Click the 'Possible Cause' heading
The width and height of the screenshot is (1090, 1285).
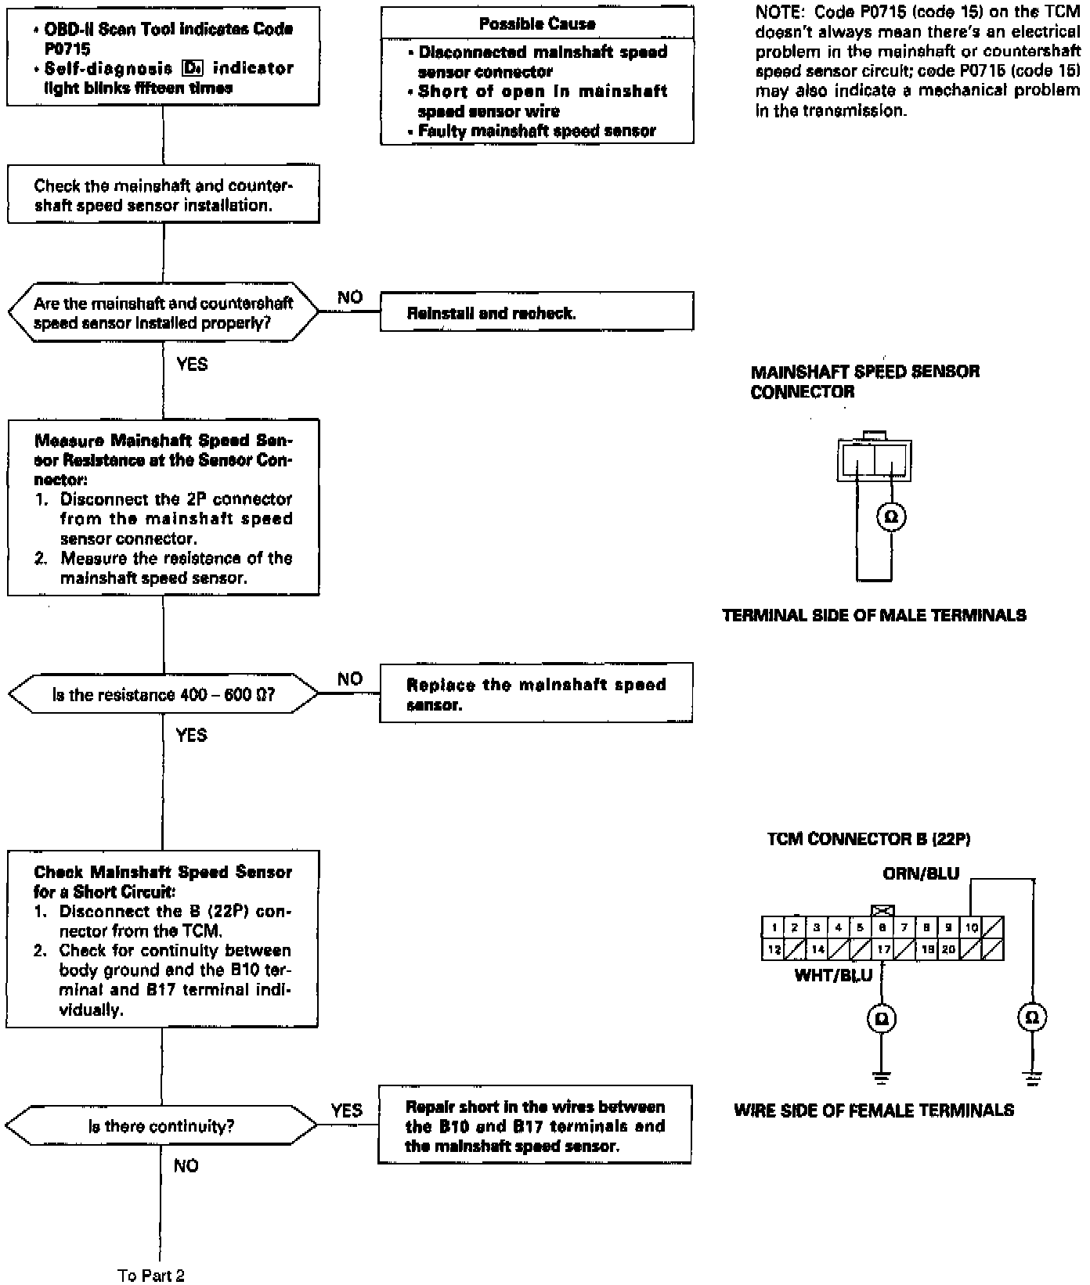click(537, 23)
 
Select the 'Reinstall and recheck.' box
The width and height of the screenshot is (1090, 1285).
click(536, 311)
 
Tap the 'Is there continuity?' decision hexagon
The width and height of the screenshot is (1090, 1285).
click(161, 1126)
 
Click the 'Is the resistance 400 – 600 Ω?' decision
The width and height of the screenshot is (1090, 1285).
click(164, 694)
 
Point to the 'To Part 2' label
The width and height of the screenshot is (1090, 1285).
click(151, 1276)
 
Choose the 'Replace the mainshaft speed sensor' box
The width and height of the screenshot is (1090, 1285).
click(536, 693)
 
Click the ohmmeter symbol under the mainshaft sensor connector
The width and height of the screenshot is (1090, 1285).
click(890, 517)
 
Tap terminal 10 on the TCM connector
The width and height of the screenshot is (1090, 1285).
click(971, 927)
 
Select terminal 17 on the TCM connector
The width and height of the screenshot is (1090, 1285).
click(882, 949)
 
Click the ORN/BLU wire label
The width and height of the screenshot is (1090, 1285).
click(921, 873)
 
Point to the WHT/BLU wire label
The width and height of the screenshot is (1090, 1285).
click(833, 975)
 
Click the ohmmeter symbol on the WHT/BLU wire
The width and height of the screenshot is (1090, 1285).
click(882, 1018)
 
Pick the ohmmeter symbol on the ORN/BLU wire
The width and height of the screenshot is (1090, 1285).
click(1032, 1017)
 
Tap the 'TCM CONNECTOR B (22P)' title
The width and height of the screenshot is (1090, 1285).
click(868, 839)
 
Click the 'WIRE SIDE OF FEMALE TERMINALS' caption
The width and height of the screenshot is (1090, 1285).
click(874, 1110)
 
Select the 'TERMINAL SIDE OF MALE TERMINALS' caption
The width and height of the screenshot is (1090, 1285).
click(874, 615)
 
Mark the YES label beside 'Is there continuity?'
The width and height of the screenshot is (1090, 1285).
click(347, 1110)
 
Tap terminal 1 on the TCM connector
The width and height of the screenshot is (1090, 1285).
click(773, 927)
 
